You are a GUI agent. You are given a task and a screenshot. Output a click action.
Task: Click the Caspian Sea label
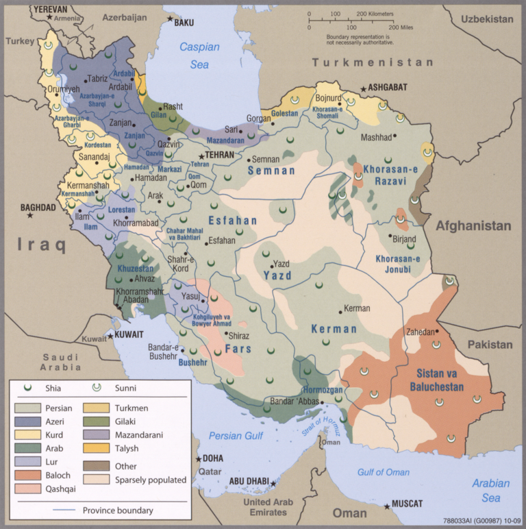pos(199,56)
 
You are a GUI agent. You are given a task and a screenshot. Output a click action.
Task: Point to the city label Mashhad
pos(375,138)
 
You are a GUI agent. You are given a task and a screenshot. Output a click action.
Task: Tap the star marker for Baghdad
pos(29,215)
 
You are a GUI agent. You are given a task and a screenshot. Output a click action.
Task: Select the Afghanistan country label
pos(473,225)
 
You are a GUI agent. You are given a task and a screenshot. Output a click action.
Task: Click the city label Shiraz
pos(238,336)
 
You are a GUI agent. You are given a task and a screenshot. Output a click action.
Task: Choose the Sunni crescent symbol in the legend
pos(97,388)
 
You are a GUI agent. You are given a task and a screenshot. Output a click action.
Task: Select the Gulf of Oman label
pos(384,472)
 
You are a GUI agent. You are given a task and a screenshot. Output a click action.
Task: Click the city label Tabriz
pos(97,79)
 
